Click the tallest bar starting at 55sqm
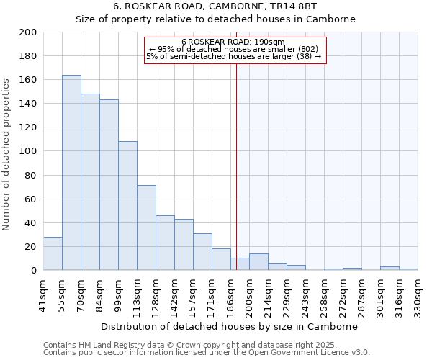71,173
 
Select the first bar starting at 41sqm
53,253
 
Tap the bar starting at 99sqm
127,206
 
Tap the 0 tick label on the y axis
33,271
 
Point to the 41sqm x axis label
43,295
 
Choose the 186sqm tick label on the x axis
230,295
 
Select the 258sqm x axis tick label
324,295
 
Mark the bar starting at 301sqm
390,269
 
